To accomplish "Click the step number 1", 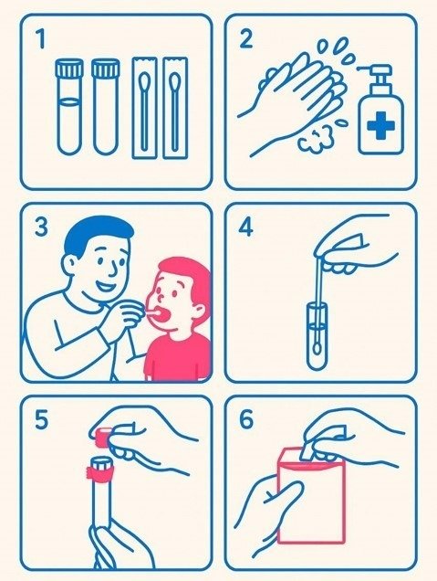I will point(40,38).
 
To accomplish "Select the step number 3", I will point(41,227).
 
